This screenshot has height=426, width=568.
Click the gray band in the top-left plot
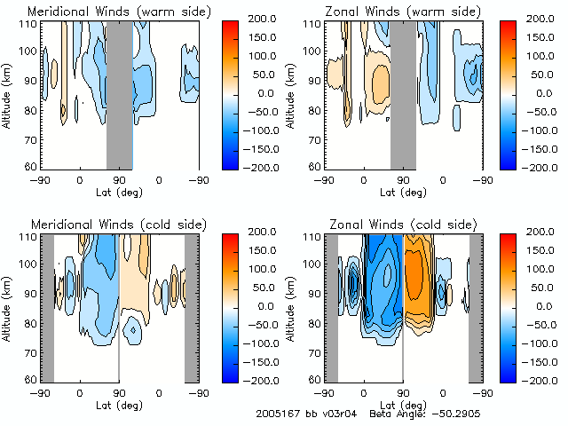click(120, 93)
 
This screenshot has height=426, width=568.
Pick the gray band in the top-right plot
click(403, 93)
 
